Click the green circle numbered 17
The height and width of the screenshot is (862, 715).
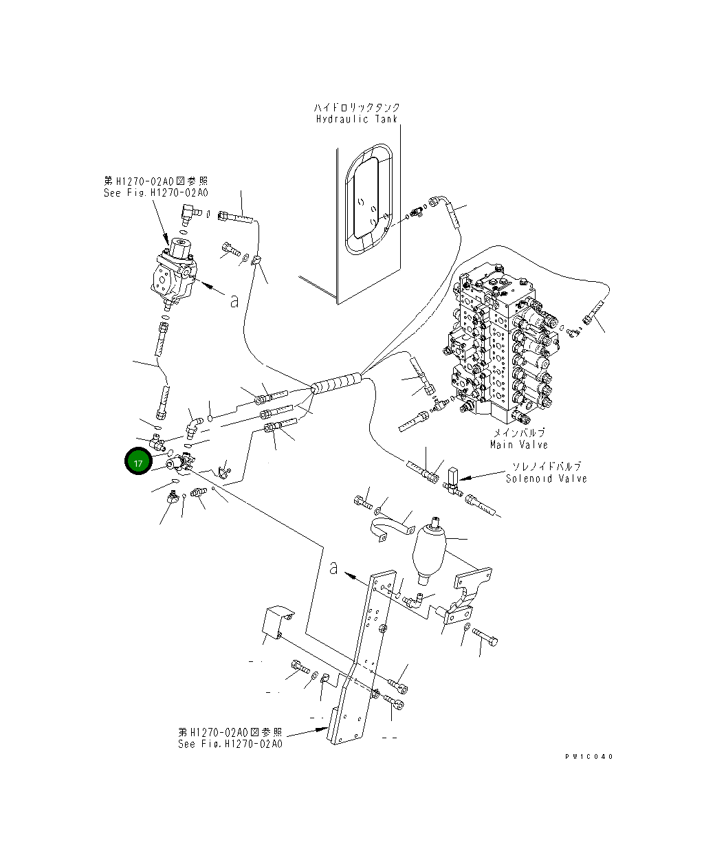[138, 463]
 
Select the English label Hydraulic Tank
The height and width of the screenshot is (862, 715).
[356, 119]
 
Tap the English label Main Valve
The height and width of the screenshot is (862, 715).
[518, 444]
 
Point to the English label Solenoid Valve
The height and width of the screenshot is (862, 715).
[546, 478]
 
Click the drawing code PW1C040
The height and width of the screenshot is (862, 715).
[588, 756]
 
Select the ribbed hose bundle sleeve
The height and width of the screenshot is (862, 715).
[336, 383]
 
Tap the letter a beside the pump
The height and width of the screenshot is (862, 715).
[234, 300]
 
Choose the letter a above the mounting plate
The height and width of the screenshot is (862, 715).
[333, 568]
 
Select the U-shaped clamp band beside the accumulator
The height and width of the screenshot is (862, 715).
[390, 530]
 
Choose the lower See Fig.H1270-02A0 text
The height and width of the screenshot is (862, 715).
[230, 744]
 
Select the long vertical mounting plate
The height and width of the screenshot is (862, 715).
[361, 660]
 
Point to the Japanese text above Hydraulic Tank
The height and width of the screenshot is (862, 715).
[356, 107]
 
